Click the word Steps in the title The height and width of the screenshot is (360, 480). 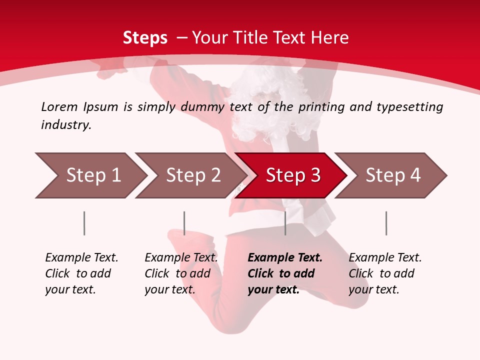[x=145, y=38]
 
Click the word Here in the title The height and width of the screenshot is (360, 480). [x=329, y=38]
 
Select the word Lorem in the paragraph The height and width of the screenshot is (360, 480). [x=59, y=106]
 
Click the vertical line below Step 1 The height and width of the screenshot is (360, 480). [x=84, y=223]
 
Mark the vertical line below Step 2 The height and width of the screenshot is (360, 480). [x=184, y=223]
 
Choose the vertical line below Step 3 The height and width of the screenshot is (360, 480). [x=285, y=223]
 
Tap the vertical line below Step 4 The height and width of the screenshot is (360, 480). [x=386, y=223]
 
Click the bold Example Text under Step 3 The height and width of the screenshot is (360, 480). [x=285, y=273]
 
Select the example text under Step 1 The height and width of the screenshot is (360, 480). [x=81, y=273]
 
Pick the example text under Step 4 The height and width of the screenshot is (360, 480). [x=385, y=273]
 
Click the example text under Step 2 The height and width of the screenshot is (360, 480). [x=181, y=273]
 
